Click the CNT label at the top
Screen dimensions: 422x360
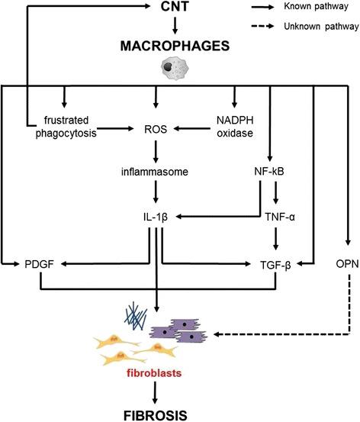tap(175, 8)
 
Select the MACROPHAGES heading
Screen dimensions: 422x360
tap(175, 47)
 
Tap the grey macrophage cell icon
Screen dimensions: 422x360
tap(175, 69)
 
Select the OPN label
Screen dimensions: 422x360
tap(346, 264)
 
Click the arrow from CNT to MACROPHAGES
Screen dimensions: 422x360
tap(175, 26)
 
